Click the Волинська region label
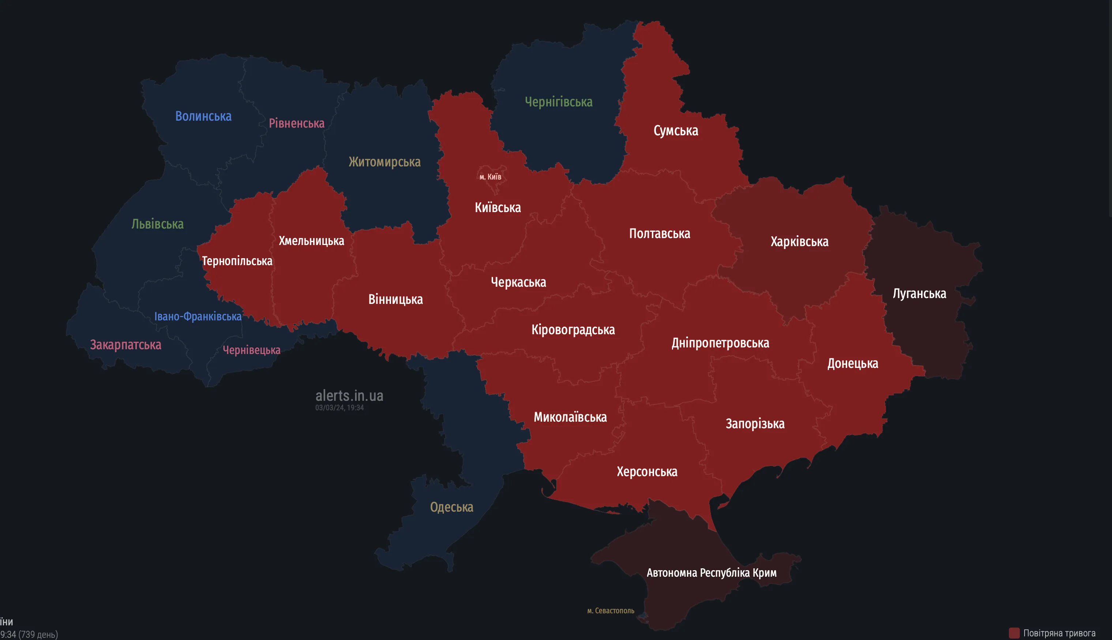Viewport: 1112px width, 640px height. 203,116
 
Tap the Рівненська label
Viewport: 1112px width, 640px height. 296,124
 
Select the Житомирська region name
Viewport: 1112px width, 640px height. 384,162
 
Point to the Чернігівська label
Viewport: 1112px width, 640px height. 558,102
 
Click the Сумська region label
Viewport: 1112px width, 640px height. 676,131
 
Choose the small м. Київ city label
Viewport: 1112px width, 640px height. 490,177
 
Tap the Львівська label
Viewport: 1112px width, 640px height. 157,224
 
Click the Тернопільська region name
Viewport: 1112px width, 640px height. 237,261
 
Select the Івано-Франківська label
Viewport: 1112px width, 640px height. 198,316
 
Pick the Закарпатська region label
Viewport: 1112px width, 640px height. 126,345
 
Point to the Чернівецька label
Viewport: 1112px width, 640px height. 251,350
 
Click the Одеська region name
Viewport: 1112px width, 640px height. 451,507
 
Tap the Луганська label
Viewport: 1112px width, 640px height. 919,294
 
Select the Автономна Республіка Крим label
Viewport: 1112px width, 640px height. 711,573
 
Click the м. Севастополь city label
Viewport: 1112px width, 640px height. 611,610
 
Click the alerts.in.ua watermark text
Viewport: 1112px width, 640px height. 349,396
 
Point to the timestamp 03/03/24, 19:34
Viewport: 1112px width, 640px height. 339,407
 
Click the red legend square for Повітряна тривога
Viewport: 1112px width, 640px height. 1014,633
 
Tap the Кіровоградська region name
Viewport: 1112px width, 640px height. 573,330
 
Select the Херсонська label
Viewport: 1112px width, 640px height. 647,472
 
